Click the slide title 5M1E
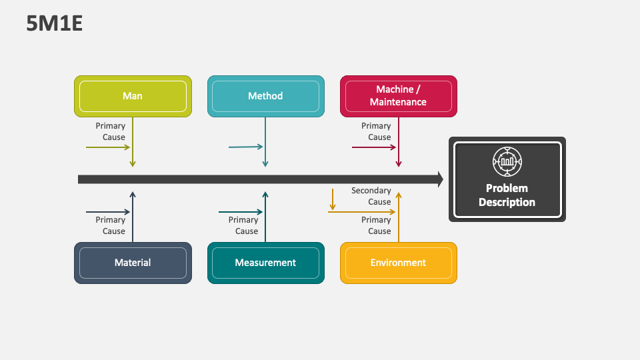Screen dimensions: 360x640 (55, 23)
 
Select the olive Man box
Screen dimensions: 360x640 (133, 96)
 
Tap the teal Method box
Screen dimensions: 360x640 (265, 96)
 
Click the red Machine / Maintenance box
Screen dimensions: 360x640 (399, 96)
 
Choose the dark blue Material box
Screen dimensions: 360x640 (133, 263)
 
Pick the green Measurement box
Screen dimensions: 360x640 (265, 263)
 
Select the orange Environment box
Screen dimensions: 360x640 (399, 263)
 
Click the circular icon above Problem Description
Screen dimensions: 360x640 (507, 161)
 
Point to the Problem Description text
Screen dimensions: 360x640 (507, 195)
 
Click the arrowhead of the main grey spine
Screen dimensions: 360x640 (440, 179)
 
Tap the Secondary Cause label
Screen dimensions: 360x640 (371, 196)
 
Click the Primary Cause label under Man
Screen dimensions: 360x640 (111, 131)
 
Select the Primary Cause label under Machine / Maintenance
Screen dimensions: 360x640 (377, 131)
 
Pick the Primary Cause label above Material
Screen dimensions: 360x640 (111, 225)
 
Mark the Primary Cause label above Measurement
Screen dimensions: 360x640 (243, 225)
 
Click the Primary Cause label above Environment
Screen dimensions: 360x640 (377, 225)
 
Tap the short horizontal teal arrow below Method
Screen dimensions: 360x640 (245, 147)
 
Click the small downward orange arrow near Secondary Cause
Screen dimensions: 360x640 (333, 199)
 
